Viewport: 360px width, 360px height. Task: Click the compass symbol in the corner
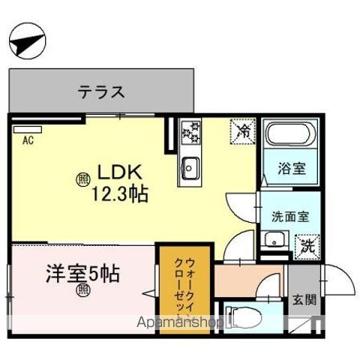click(x=27, y=40)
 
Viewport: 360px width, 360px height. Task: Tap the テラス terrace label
click(x=101, y=91)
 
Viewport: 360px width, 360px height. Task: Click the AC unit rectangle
click(x=28, y=130)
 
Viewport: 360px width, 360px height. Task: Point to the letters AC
click(x=28, y=140)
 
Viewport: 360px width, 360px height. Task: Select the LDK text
click(x=119, y=172)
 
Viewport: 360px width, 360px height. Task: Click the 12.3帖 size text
click(x=120, y=193)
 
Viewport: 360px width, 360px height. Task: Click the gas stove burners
click(x=191, y=132)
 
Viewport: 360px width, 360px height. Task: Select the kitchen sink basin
click(x=190, y=168)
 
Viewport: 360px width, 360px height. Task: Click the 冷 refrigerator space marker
click(x=243, y=131)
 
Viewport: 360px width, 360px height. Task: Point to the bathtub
click(x=288, y=133)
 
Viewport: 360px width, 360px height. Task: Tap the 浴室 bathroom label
click(x=292, y=168)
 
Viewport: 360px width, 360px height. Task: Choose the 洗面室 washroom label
click(x=290, y=217)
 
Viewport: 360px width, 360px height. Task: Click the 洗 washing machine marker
click(x=307, y=247)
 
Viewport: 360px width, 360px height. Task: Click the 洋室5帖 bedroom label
click(x=82, y=274)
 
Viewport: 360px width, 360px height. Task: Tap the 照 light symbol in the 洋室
click(x=83, y=291)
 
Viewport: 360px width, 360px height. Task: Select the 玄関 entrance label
click(x=304, y=300)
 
